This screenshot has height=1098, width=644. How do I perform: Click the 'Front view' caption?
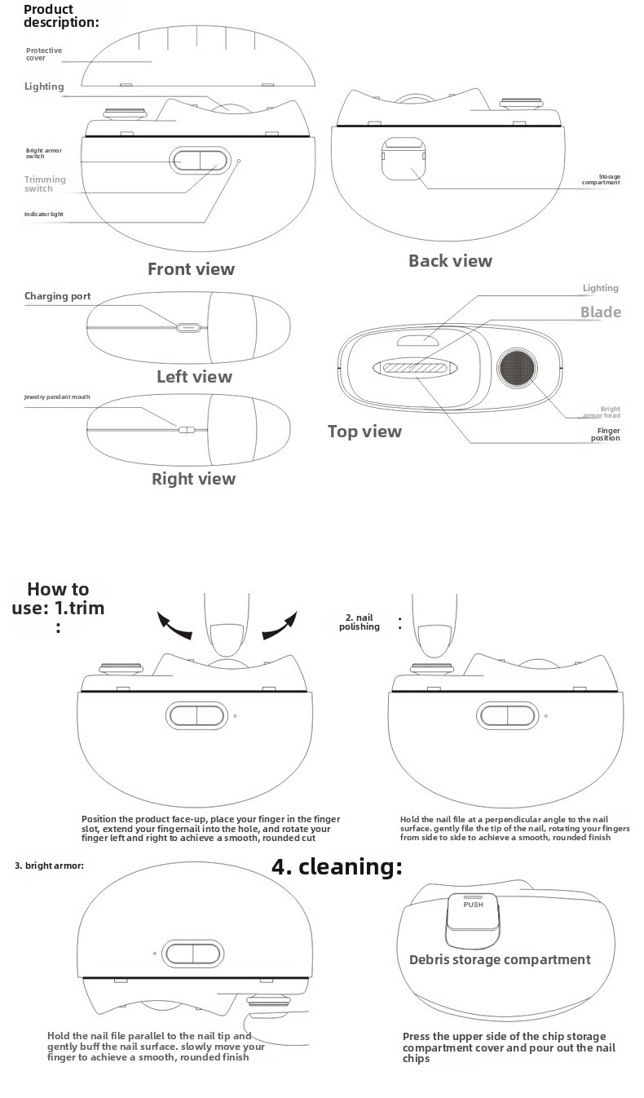(x=191, y=269)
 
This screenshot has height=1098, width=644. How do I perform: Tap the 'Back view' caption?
(x=450, y=261)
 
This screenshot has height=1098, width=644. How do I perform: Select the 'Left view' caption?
(x=194, y=377)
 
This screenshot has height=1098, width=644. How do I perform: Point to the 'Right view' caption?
(x=193, y=479)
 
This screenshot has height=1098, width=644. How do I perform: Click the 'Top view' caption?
(x=364, y=432)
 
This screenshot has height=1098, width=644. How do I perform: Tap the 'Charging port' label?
(x=57, y=296)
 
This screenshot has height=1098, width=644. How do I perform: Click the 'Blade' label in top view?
(x=600, y=312)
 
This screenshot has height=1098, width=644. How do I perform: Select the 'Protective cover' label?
(x=43, y=55)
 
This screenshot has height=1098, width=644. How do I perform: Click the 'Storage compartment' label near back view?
(x=601, y=179)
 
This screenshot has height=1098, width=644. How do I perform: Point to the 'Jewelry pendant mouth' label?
(x=57, y=397)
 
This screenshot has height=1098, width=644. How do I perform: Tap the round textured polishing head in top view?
(x=518, y=368)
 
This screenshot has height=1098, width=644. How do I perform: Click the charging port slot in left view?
(x=188, y=328)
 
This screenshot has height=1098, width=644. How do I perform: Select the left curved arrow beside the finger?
(x=174, y=626)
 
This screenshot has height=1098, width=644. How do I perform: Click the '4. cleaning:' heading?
(x=337, y=866)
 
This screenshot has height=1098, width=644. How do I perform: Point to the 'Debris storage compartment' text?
(x=500, y=960)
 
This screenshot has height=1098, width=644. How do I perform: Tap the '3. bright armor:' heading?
(x=49, y=866)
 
